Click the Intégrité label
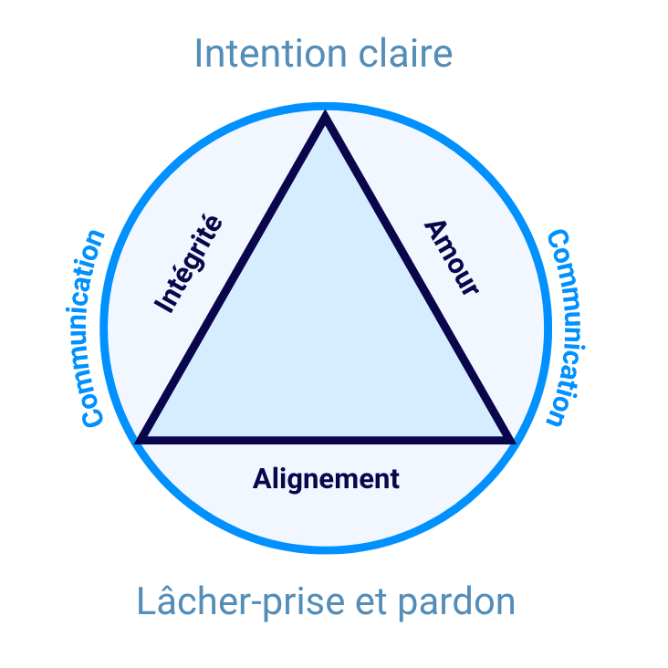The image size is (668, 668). tap(188, 263)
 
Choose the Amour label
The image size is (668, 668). tap(451, 256)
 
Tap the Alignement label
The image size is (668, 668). tap(326, 478)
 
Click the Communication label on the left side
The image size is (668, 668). tap(93, 329)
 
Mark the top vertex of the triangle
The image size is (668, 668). tap(325, 117)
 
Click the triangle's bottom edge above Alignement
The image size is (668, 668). tap(326, 439)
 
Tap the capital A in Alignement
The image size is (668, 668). tap(261, 478)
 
